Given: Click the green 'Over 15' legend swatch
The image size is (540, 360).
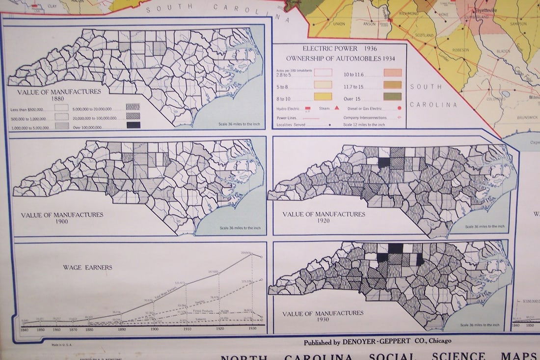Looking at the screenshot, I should coord(392,96).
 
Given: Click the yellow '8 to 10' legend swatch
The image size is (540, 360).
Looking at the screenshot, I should coord(323,96).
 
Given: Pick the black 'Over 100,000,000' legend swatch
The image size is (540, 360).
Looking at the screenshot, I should coord(133,125).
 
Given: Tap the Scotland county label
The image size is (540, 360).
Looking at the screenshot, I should coord(425,35).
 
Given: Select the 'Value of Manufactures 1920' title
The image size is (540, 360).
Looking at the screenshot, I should coord(324,217).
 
